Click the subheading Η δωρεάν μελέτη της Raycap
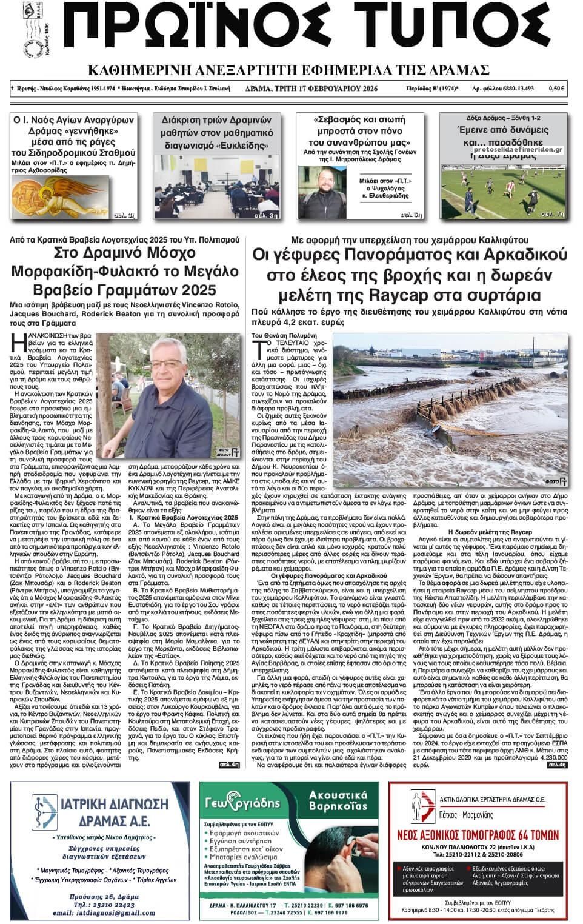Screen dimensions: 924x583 pos(481,531)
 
